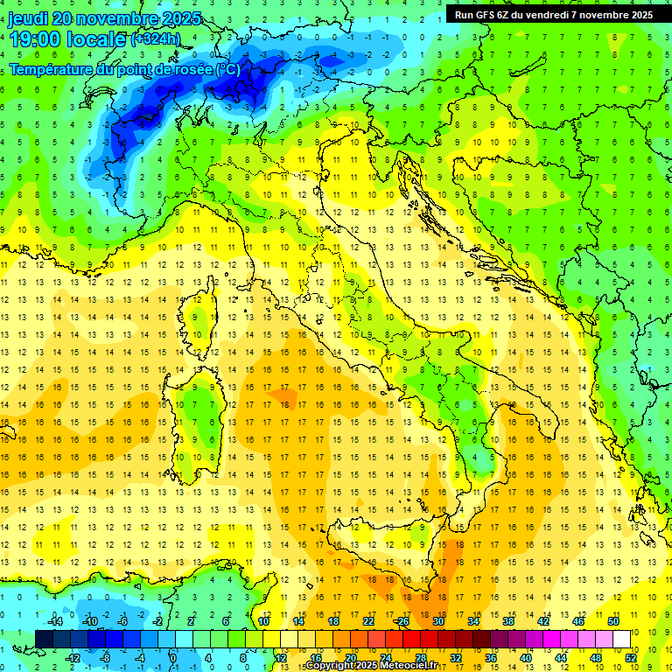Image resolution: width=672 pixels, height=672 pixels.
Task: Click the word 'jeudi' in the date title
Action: [28, 18]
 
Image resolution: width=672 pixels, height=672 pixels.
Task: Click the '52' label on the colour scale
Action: [630, 657]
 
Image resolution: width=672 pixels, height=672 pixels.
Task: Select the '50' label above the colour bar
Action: [612, 621]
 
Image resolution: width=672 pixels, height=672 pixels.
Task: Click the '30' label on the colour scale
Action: [437, 621]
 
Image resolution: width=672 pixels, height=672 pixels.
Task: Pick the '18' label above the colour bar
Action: [332, 621]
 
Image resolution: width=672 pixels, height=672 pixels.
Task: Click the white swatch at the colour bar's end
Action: [621, 639]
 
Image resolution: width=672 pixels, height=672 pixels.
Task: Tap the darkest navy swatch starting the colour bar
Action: [44, 639]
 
